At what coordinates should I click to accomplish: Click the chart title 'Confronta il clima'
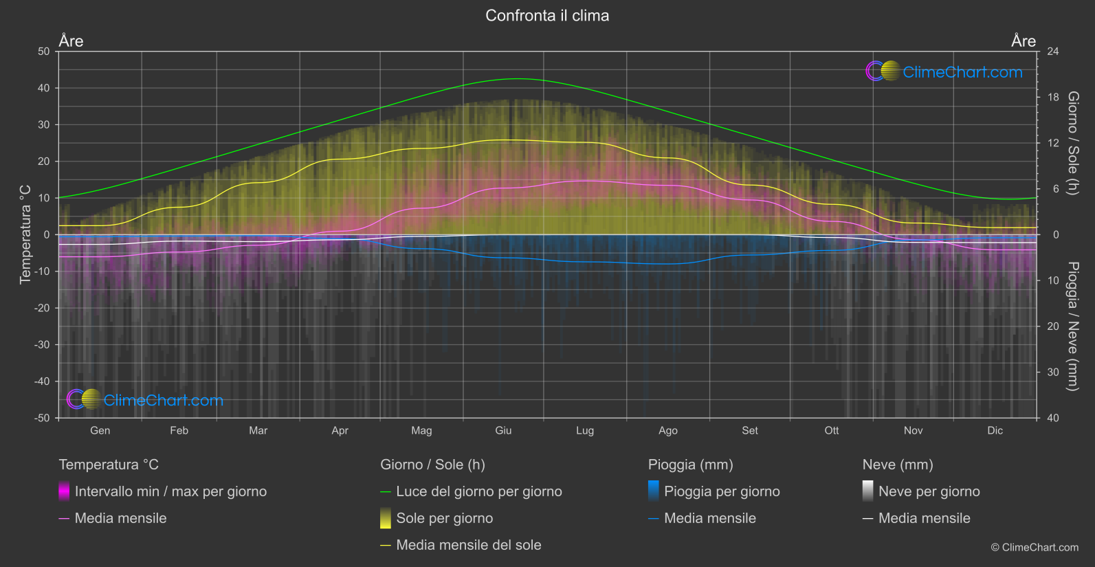[x=547, y=16]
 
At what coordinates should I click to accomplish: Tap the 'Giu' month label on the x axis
[x=503, y=430]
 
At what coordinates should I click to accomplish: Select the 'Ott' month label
[x=832, y=430]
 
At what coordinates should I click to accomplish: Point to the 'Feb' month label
[x=179, y=430]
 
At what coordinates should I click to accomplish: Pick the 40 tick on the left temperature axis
[x=44, y=88]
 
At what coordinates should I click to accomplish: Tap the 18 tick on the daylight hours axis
[x=1053, y=98]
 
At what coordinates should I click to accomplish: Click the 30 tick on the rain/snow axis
[x=1053, y=373]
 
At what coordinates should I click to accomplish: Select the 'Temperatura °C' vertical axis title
[x=25, y=234]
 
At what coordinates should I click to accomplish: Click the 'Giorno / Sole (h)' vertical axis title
[x=1073, y=143]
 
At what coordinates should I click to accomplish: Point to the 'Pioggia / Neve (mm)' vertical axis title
[x=1073, y=326]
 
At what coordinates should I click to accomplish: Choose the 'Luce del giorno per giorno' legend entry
[x=478, y=491]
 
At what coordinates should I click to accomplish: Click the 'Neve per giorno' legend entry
[x=929, y=491]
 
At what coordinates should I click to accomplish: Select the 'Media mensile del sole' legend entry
[x=468, y=545]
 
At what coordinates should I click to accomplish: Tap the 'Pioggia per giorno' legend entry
[x=721, y=491]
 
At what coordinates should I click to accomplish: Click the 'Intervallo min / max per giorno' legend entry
[x=170, y=491]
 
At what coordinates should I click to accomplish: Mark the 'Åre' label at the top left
[x=71, y=41]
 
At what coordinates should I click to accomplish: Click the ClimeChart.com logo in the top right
[x=944, y=71]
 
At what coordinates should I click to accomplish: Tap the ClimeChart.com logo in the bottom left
[x=145, y=400]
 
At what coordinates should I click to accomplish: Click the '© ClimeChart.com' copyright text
[x=1035, y=548]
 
